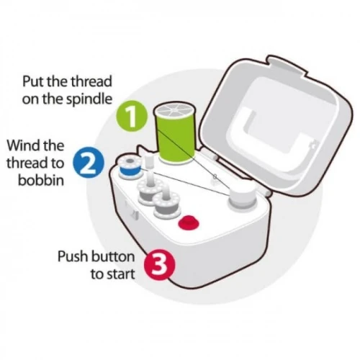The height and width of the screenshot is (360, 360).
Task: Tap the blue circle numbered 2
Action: [89, 163]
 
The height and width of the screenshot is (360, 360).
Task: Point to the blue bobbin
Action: [130, 167]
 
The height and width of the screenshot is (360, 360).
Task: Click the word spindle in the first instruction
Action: [89, 99]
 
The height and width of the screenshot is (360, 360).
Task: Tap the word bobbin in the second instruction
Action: [41, 180]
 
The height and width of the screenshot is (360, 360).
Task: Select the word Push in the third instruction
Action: [72, 256]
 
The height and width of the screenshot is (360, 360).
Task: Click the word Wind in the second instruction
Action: [22, 145]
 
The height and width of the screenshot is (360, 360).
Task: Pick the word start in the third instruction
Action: [120, 274]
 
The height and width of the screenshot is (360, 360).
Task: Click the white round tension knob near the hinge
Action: [242, 196]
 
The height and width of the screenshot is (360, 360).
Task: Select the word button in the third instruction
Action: [112, 256]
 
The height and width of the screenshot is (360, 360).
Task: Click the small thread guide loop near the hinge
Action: [215, 178]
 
